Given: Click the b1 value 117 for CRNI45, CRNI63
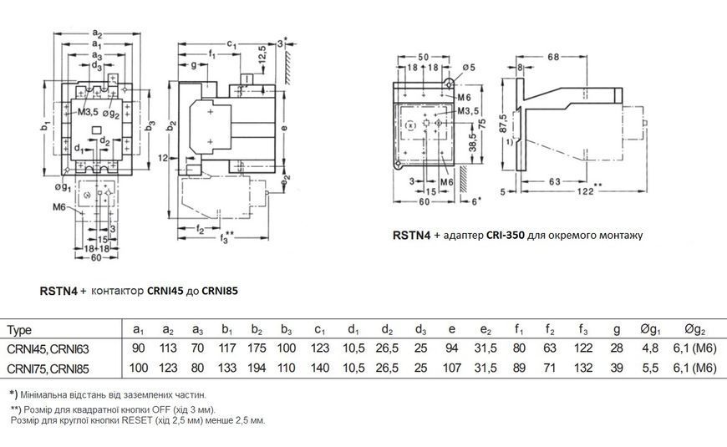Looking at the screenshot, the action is pos(226,348).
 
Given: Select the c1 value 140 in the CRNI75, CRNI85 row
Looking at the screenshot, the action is pos(319,368).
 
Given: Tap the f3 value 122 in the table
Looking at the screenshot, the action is pos(582,348).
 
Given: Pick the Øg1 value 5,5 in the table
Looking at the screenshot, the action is pos(650,368).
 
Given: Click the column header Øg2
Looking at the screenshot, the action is pos(694,330).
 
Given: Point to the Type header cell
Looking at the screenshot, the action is pos(19,331).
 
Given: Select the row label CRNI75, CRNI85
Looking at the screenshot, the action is pos(48,368).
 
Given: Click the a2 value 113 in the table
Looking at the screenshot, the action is pos(168,348).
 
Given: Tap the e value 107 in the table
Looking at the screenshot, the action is pos(452,368).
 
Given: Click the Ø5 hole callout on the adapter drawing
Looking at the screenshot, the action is pos(469,68).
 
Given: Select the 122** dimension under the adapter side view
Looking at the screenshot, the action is pos(589,190).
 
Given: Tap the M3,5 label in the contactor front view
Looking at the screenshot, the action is pos(88,112).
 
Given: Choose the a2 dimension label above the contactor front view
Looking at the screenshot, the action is pos(97,33).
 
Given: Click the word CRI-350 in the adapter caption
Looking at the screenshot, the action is pos(506,235).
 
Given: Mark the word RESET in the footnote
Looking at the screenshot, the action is pos(136,421).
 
